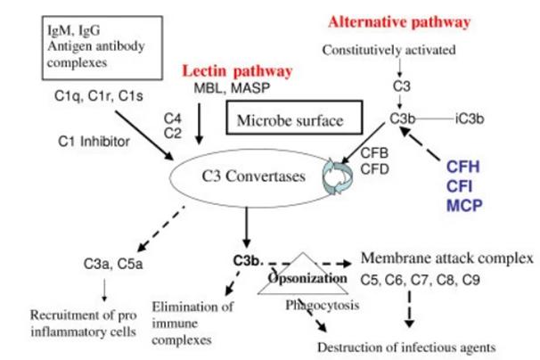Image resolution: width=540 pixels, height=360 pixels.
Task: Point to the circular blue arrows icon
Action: tap(337, 175)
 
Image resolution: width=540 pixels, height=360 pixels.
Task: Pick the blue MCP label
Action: tap(470, 206)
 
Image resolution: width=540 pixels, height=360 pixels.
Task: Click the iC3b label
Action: tap(469, 118)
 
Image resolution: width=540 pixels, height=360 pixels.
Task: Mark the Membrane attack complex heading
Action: tap(446, 258)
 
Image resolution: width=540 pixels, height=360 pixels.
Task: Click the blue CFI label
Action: tap(468, 185)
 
